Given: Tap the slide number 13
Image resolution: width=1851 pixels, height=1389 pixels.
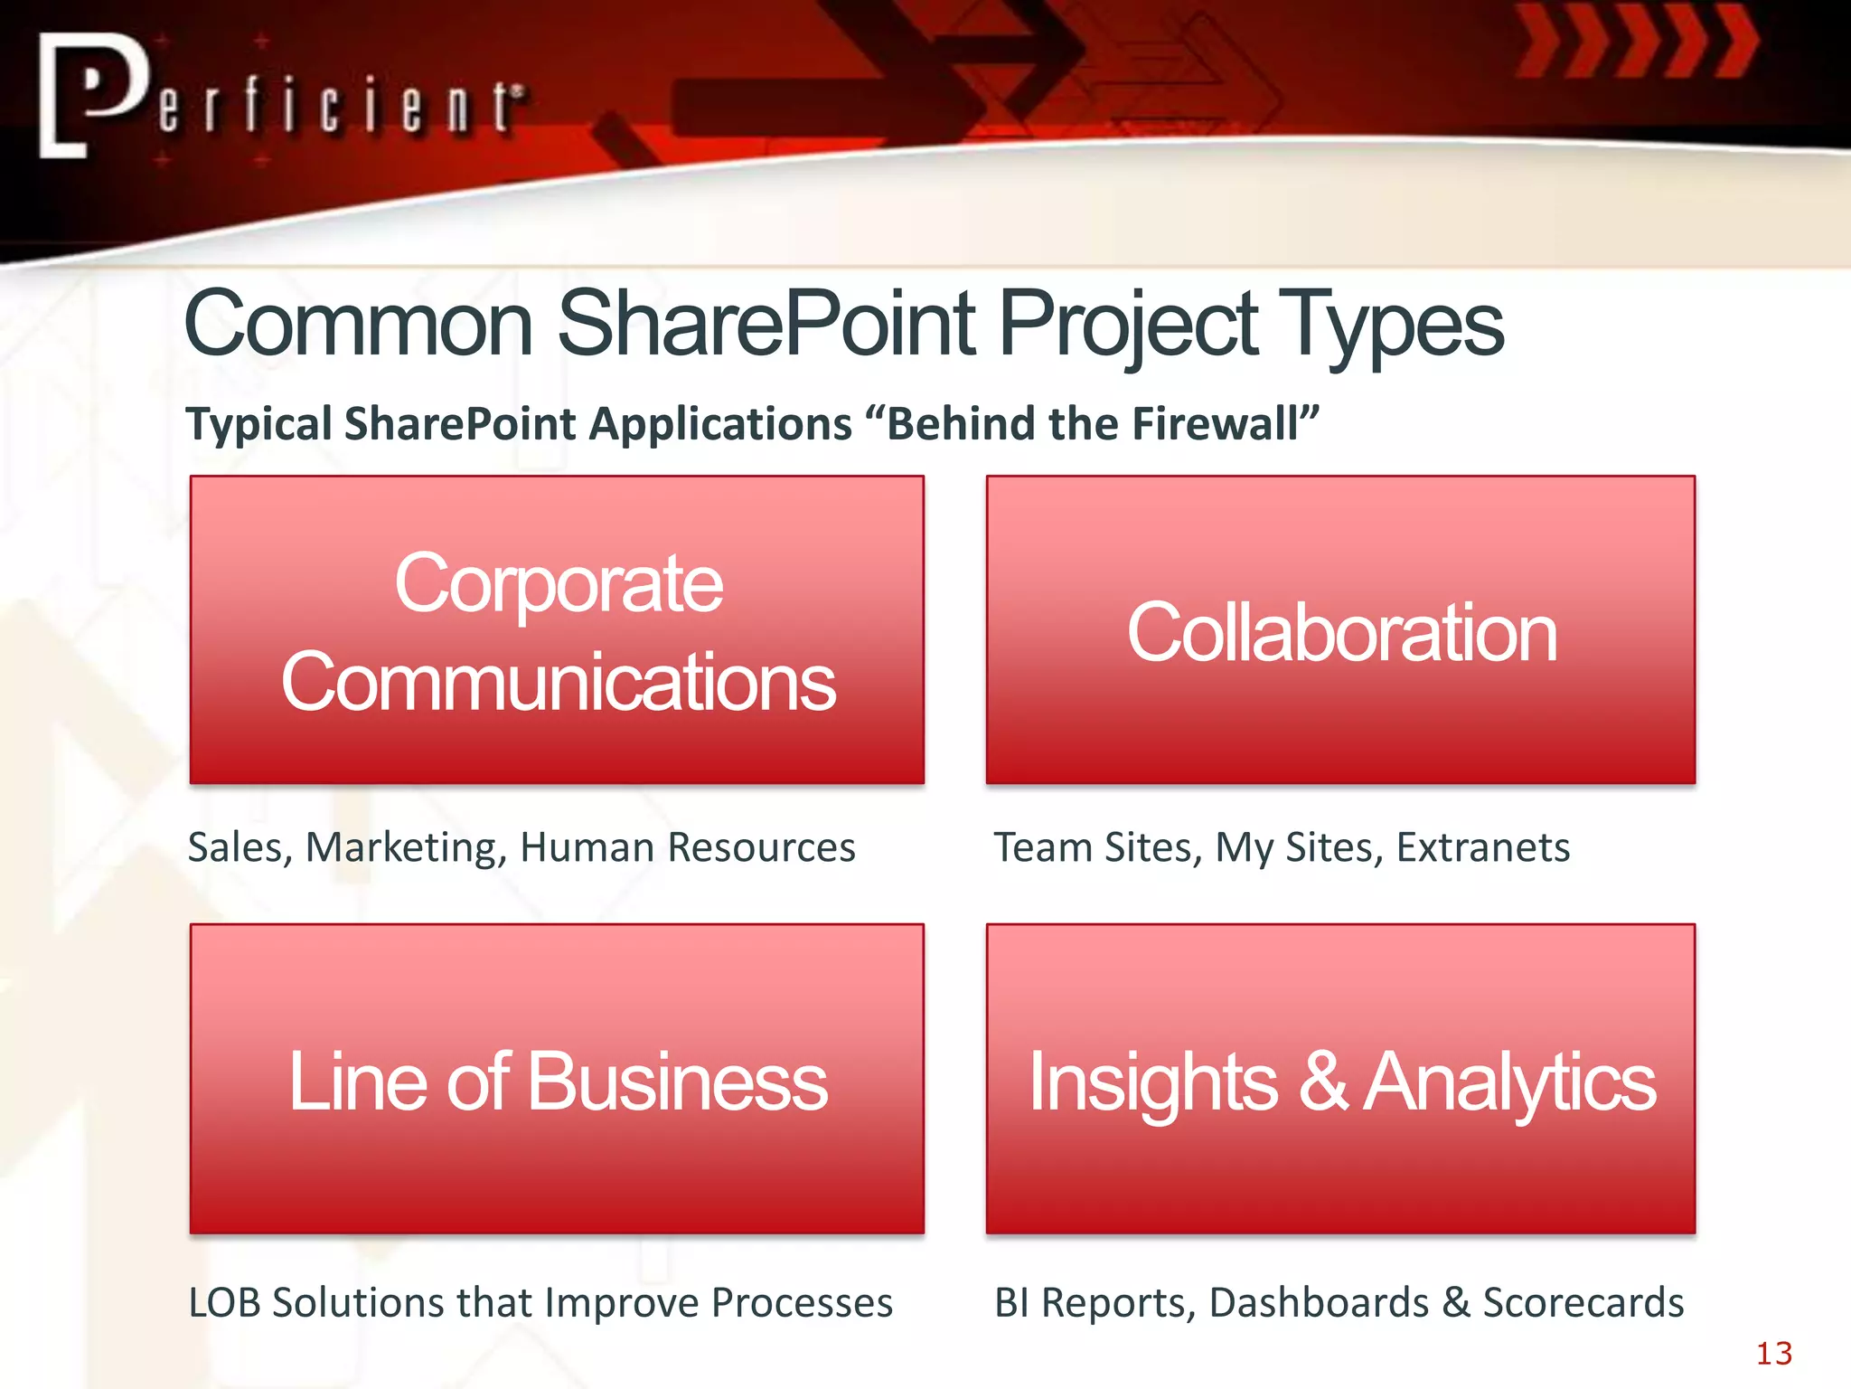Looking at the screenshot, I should tap(1773, 1354).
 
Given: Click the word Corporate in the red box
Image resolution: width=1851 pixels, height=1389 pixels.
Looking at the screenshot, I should tap(558, 584).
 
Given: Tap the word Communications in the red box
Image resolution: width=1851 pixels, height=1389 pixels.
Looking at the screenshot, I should tap(558, 683).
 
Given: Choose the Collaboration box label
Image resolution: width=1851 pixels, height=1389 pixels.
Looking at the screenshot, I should tap(1341, 633).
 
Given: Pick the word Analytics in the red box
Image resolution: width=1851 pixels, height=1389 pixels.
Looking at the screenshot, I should tap(1508, 1082).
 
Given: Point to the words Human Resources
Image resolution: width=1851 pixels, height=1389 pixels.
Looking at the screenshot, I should tap(687, 848).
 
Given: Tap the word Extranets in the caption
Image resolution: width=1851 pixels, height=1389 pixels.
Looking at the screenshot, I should tap(1482, 848).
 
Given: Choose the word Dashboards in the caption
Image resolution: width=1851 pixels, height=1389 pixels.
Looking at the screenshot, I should tap(1319, 1303).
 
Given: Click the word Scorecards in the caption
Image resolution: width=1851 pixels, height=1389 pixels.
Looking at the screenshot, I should tap(1583, 1303).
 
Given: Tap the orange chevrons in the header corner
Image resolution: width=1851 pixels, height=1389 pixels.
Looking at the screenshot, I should tap(1636, 41).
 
